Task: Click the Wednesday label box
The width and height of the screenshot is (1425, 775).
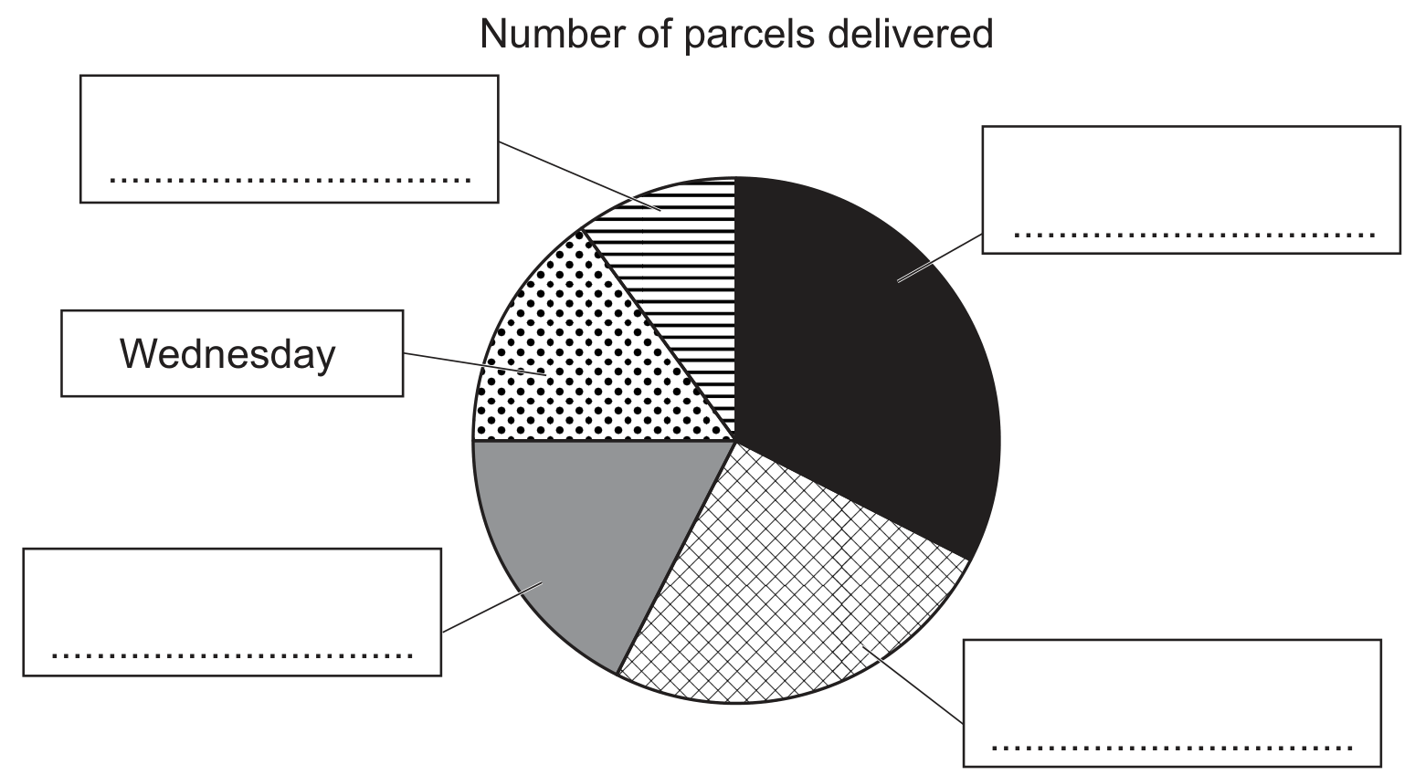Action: click(232, 353)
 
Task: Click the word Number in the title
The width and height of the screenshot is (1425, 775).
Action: click(553, 34)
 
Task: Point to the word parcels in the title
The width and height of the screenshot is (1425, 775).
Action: click(749, 36)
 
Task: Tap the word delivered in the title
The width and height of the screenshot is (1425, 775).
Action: click(911, 34)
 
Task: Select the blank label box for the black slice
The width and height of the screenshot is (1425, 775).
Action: click(1191, 190)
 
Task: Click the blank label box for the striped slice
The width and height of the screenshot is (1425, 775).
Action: click(289, 139)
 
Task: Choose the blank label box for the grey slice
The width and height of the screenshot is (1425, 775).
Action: click(232, 612)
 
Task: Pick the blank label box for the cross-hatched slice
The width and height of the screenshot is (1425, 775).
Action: click(1172, 703)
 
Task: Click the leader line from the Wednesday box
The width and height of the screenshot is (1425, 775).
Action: click(475, 364)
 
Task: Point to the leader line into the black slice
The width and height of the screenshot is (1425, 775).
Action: click(940, 257)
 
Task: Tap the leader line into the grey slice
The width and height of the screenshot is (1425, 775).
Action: click(492, 606)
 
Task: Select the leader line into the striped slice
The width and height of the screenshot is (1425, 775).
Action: click(579, 175)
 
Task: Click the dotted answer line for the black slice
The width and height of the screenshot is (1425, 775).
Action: click(1195, 236)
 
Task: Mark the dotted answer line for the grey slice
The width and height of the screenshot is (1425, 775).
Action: click(232, 655)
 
